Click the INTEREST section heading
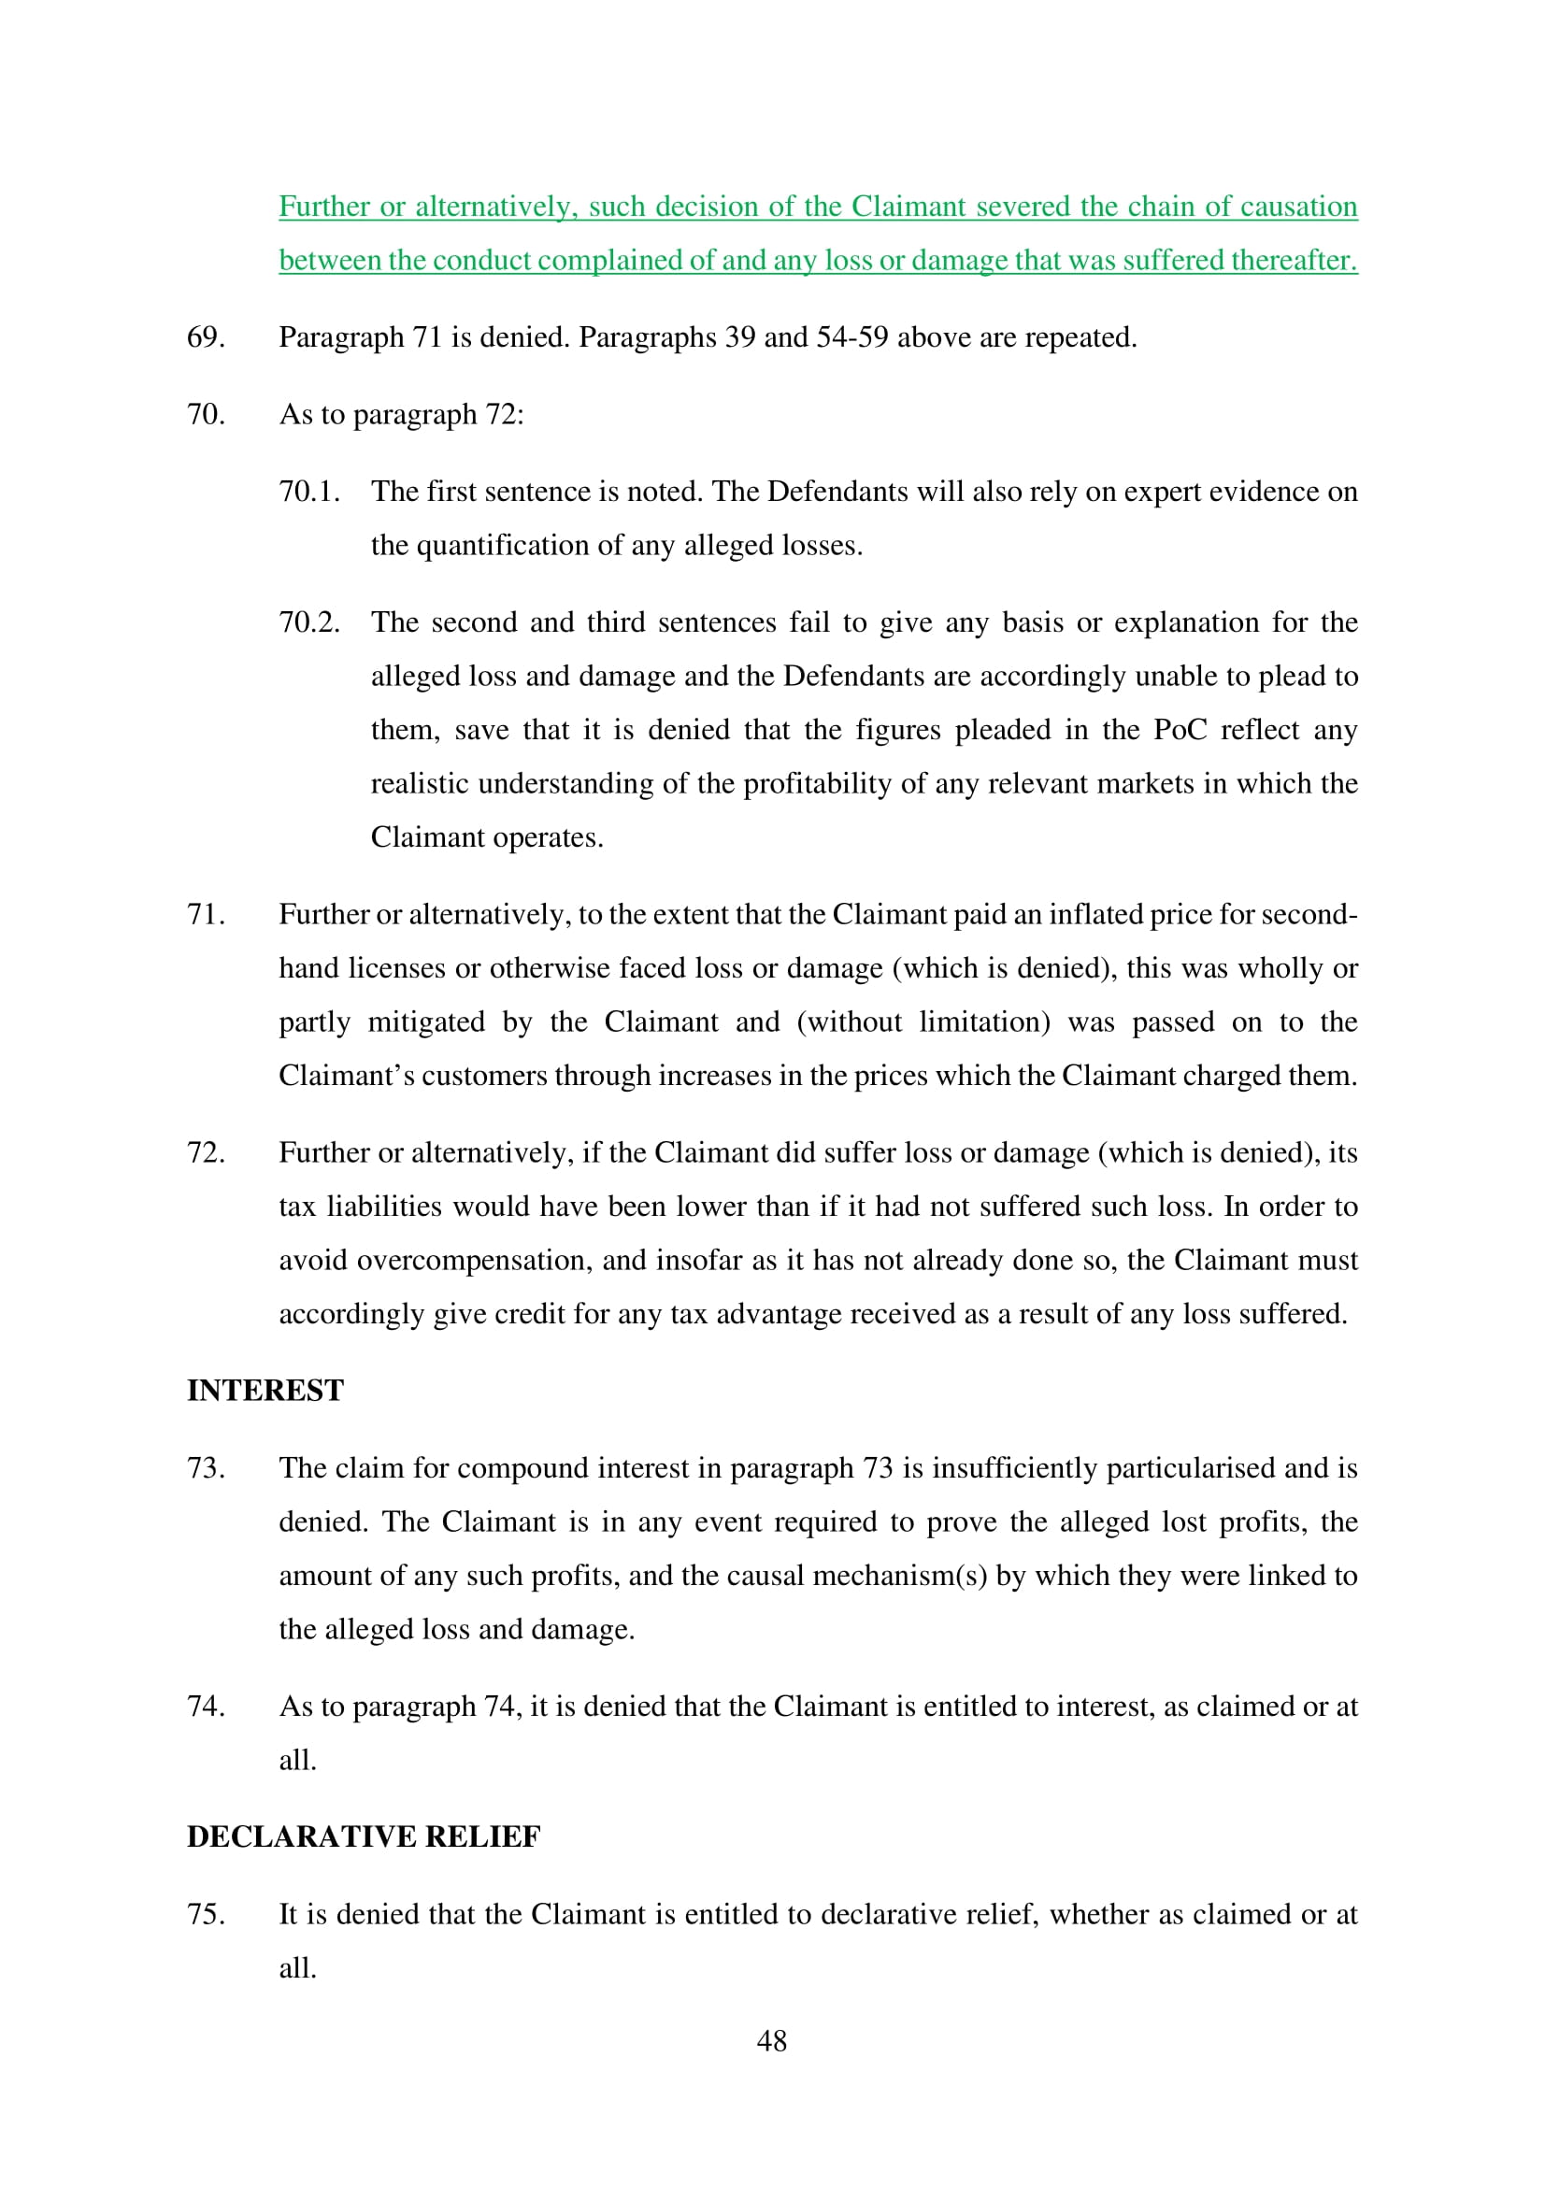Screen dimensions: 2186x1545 pos(265,1391)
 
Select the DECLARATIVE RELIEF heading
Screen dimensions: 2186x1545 pos(364,1836)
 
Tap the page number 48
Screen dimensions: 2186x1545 pos(771,2040)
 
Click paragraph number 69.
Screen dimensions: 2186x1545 pos(206,337)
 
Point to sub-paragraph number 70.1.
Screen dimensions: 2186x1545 pos(309,492)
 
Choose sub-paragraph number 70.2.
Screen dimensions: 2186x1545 pos(309,622)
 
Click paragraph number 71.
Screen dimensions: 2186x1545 pos(206,914)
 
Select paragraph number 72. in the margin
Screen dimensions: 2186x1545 pos(206,1152)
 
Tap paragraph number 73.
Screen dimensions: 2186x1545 pos(206,1468)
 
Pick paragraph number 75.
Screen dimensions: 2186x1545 pos(206,1914)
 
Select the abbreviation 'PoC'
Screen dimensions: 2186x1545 pos(1180,729)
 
